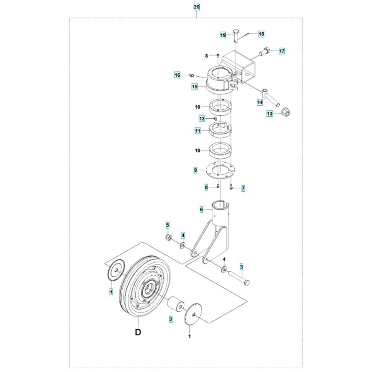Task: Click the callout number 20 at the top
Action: [197, 7]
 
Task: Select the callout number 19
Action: [223, 35]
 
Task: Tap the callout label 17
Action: [282, 51]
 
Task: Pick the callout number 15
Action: [195, 87]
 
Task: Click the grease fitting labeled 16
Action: [192, 76]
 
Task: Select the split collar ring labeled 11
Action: [220, 131]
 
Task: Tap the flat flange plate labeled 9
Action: [220, 171]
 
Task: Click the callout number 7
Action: [243, 189]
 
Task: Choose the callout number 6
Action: [201, 209]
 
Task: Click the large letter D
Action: [138, 332]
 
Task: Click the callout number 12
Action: [202, 119]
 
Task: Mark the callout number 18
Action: [261, 34]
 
